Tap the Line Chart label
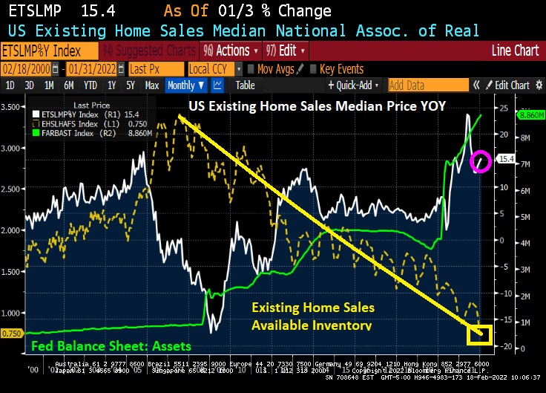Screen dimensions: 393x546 tap(515, 51)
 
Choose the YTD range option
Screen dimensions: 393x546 tap(91, 85)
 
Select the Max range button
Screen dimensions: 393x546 tap(151, 85)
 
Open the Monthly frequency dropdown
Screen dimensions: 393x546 tap(185, 85)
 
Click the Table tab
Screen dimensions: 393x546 tap(245, 85)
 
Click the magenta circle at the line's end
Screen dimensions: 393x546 tap(480, 160)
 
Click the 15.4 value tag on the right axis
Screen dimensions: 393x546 tap(506, 159)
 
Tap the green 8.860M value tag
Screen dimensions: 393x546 tap(531, 116)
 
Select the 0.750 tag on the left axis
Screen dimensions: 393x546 tap(13, 334)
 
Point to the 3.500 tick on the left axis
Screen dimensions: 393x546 tap(13, 107)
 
